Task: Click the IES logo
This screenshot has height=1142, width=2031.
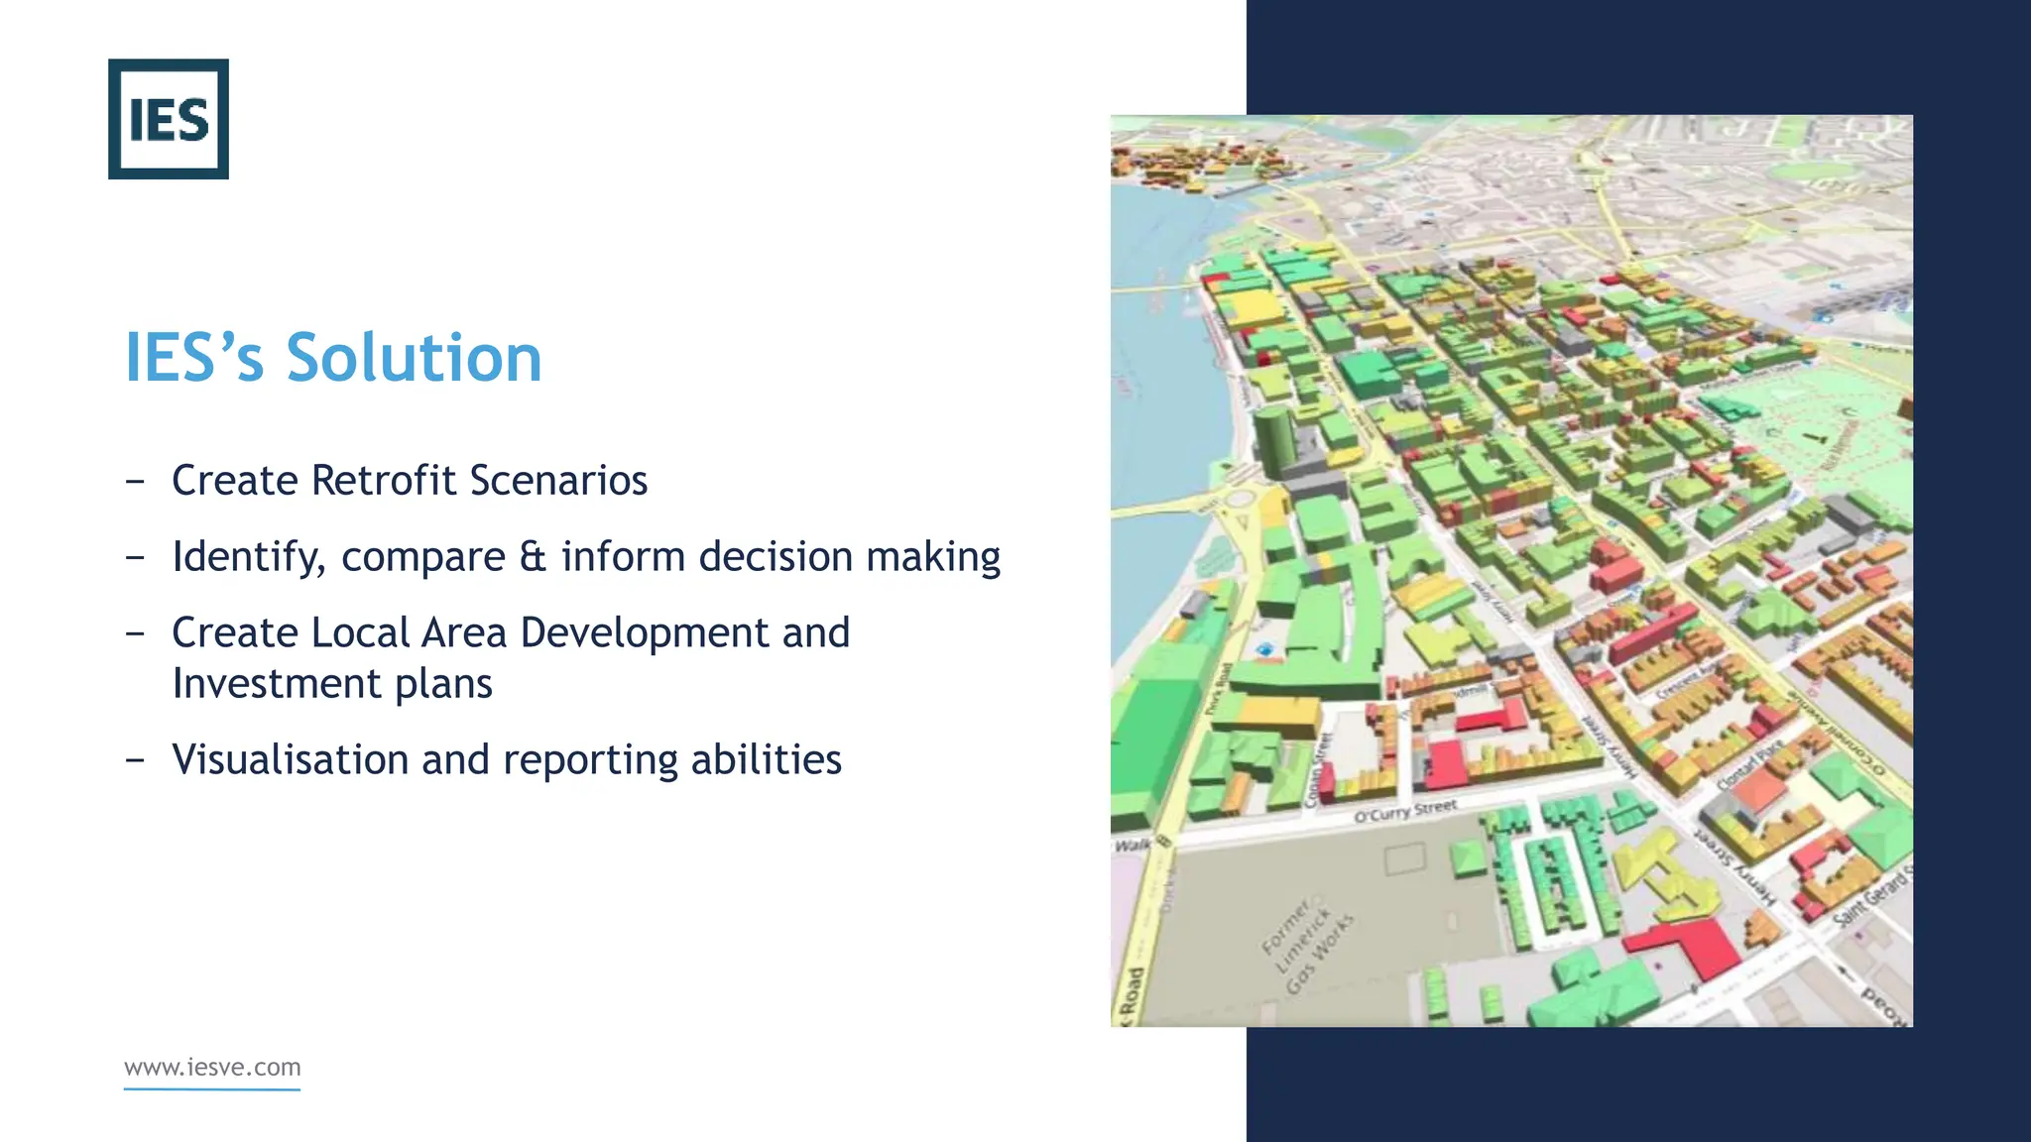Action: tap(169, 119)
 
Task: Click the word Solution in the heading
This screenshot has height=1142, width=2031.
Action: tap(414, 358)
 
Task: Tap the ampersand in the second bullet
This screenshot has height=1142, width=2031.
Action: tap(533, 557)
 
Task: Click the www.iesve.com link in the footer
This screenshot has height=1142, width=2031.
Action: tap(212, 1068)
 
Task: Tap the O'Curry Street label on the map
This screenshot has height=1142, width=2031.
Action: tap(1405, 812)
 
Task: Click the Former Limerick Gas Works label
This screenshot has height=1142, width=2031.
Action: tap(1307, 946)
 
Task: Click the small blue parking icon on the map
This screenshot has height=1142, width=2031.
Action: tap(1264, 649)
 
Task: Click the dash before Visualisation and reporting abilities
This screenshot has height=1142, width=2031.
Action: tap(136, 760)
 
